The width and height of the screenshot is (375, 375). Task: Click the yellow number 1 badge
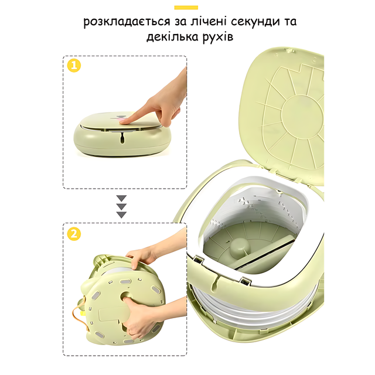(74, 65)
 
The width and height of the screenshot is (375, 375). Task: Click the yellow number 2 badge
(74, 234)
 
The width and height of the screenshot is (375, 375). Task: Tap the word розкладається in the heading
(127, 22)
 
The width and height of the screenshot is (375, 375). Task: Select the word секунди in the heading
(255, 22)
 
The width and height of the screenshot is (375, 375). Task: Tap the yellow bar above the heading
(186, 8)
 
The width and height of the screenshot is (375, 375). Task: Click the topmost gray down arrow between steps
(121, 198)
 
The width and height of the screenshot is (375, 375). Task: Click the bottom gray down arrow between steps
(121, 214)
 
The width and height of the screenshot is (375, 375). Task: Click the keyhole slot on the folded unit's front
(122, 138)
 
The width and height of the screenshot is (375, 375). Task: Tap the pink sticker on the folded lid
(120, 118)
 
